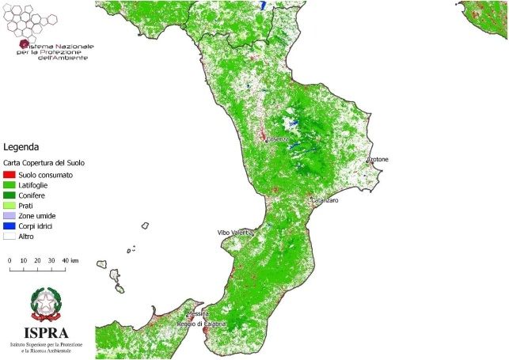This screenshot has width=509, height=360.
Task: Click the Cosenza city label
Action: pyautogui.click(x=278, y=139)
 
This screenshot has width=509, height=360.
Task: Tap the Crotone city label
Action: pyautogui.click(x=378, y=160)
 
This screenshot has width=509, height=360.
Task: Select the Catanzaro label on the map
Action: pyautogui.click(x=325, y=201)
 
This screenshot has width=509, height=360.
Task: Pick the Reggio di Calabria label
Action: pyautogui.click(x=201, y=324)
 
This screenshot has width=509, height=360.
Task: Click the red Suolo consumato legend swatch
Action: pyautogui.click(x=9, y=174)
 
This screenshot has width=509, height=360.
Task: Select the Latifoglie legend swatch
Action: pyautogui.click(x=9, y=184)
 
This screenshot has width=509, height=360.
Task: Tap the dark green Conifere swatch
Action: pyautogui.click(x=9, y=195)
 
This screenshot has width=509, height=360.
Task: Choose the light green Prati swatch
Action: pyautogui.click(x=9, y=205)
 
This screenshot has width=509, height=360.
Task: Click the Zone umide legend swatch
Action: pyautogui.click(x=9, y=215)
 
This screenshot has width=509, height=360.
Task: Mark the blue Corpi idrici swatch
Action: pyautogui.click(x=9, y=225)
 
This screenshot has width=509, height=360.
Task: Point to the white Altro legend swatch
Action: pyautogui.click(x=9, y=236)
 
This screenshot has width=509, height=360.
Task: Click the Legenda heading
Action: pyautogui.click(x=21, y=147)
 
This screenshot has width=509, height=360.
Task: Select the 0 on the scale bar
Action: pyautogui.click(x=9, y=260)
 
